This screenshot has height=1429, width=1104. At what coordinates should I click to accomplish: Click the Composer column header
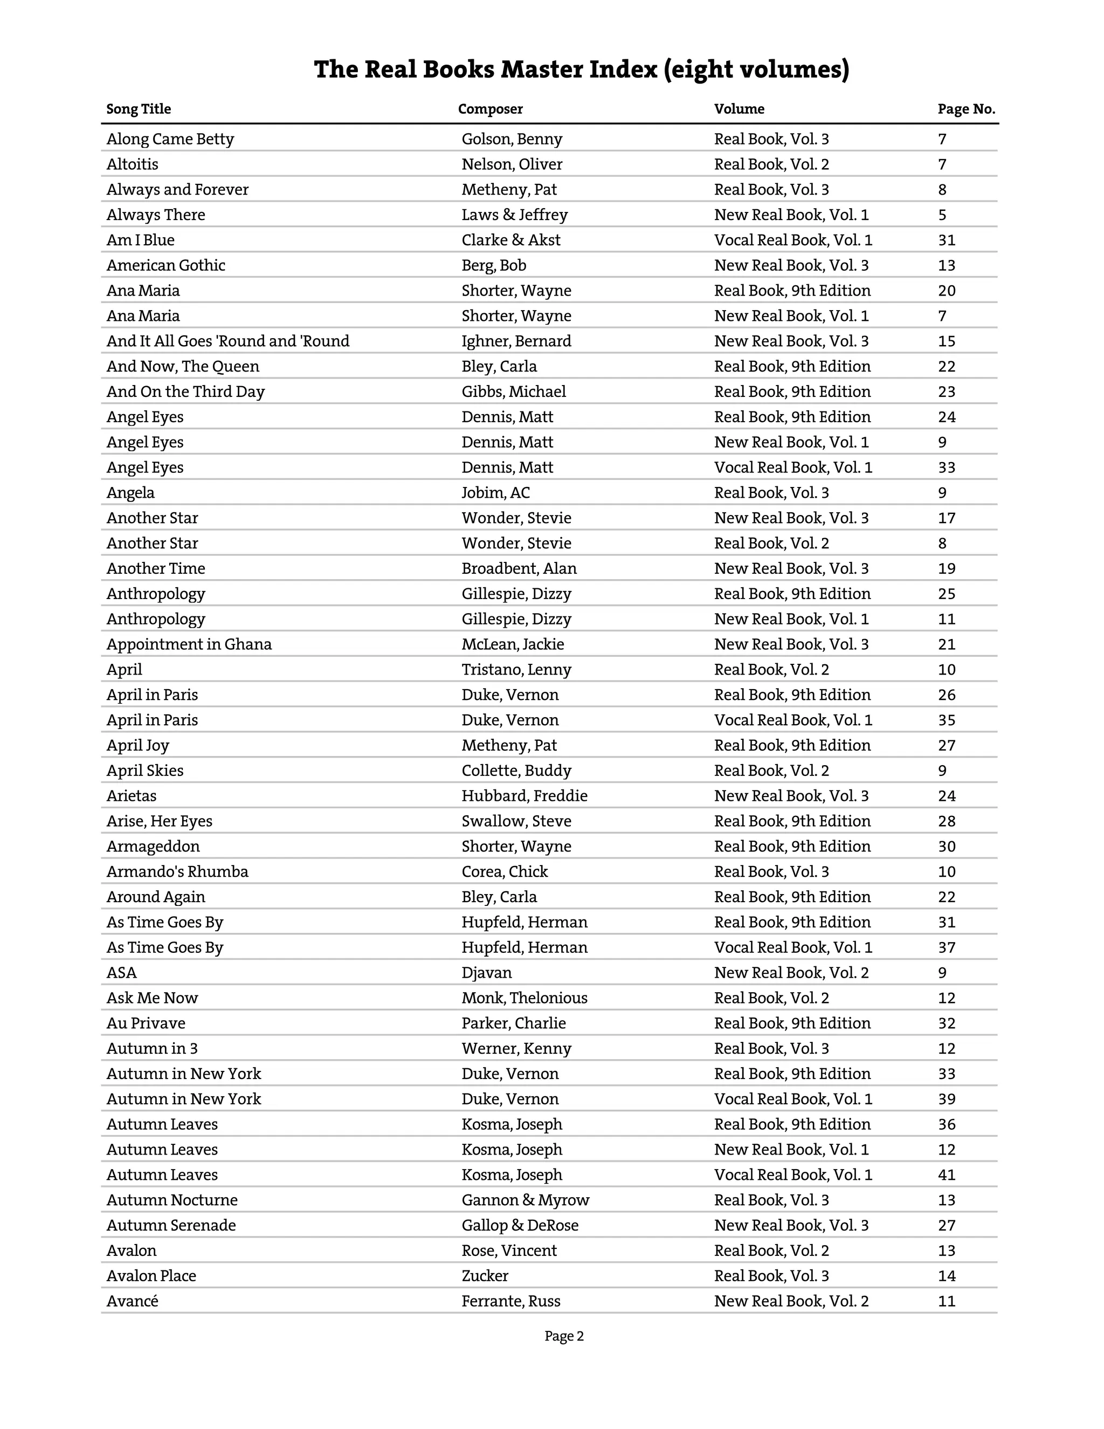click(x=490, y=109)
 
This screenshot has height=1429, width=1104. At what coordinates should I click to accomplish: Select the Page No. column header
click(x=966, y=109)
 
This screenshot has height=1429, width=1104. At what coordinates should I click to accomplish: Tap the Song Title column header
click(x=139, y=109)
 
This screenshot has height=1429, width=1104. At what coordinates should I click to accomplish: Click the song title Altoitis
click(x=132, y=164)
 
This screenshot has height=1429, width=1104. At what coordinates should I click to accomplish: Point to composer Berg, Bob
click(x=494, y=266)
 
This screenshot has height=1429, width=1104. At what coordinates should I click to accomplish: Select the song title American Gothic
click(x=165, y=266)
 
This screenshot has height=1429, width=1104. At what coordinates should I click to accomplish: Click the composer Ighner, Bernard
click(x=516, y=341)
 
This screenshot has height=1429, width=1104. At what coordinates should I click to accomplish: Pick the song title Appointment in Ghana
click(x=189, y=644)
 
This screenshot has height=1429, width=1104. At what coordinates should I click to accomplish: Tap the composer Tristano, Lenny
click(x=516, y=670)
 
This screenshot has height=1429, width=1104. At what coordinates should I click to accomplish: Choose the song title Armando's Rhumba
click(x=177, y=872)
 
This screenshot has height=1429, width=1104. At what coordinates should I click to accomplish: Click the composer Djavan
click(x=487, y=973)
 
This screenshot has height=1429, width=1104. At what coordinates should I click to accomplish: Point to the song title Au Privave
click(x=146, y=1023)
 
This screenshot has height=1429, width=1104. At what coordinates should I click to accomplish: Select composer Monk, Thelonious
click(x=525, y=999)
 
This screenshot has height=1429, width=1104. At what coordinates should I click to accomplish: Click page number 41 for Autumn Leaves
click(x=947, y=1175)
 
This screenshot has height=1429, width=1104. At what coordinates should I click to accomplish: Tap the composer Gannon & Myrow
click(x=525, y=1201)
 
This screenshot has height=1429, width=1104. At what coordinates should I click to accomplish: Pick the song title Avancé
click(x=132, y=1301)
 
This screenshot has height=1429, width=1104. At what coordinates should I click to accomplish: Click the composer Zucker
click(x=485, y=1276)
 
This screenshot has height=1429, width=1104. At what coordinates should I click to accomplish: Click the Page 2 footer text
click(x=564, y=1337)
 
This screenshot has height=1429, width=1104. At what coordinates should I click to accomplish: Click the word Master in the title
click(x=541, y=70)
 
